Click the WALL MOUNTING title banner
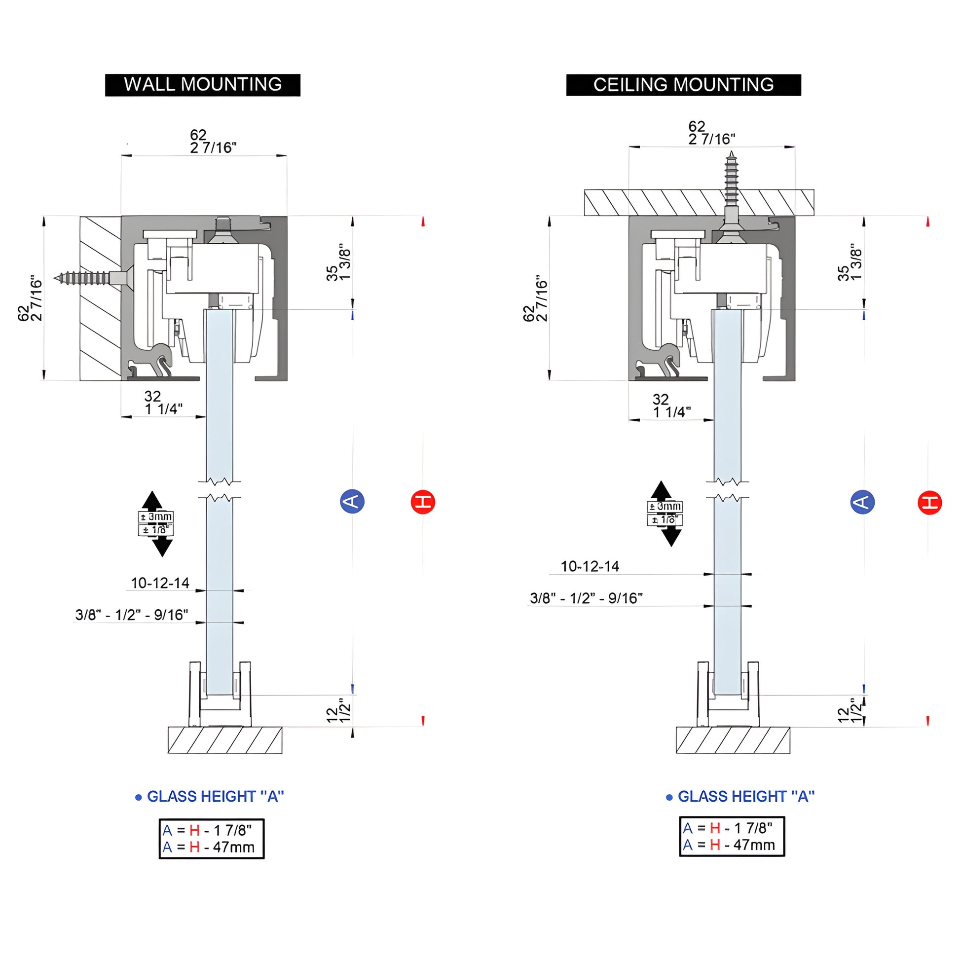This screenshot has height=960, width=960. point(202,85)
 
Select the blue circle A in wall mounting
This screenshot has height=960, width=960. point(352,501)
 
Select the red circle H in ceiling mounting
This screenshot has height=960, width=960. point(929,502)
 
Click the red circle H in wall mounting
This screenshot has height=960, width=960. point(423,501)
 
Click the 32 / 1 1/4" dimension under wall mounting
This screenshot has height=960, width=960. point(163,403)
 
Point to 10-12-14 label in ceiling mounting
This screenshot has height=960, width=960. point(590,566)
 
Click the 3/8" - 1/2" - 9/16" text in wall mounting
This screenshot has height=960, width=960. point(132,615)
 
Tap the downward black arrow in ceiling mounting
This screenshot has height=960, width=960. point(671,536)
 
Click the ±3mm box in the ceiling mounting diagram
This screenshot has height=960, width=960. point(665,506)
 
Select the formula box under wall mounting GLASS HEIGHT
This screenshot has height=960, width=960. point(212,839)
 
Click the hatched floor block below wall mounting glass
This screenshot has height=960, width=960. point(224,740)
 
